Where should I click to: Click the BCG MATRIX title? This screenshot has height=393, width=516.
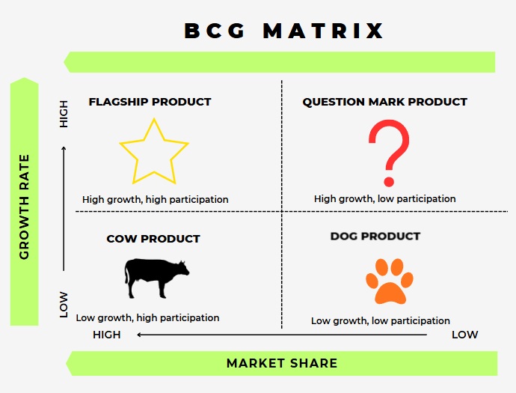tap(284, 31)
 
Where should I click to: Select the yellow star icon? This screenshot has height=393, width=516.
tap(153, 152)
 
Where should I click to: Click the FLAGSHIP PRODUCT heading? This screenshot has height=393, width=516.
tap(150, 102)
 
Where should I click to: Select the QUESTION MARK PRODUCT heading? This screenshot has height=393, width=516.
tap(384, 102)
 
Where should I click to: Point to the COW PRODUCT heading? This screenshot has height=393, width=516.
tap(153, 239)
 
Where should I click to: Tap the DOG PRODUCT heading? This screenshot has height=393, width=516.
tap(375, 237)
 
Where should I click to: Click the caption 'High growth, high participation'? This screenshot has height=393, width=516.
tap(155, 200)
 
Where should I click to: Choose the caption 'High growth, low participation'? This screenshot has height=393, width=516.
tap(384, 199)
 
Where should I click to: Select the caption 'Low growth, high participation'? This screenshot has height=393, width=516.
tap(147, 318)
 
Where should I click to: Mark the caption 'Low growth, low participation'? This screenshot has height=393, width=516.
tap(381, 321)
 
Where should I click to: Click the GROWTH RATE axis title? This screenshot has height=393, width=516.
tap(25, 207)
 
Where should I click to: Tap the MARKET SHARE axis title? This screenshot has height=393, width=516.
tap(282, 364)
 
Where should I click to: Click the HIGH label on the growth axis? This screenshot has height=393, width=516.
tap(64, 113)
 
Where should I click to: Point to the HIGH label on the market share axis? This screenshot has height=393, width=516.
tap(107, 335)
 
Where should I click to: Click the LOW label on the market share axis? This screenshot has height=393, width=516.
tap(464, 335)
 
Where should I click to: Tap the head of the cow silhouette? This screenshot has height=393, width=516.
tap(182, 267)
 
